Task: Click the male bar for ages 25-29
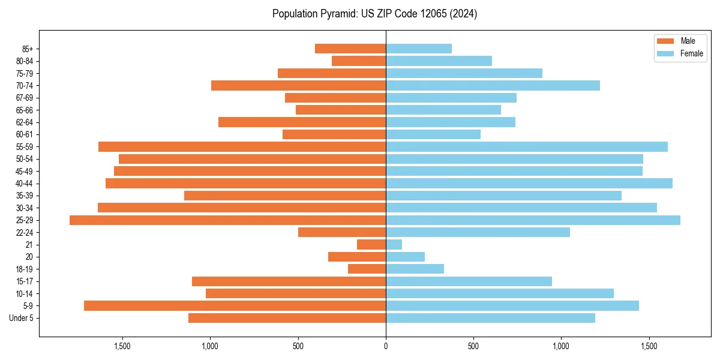click(228, 220)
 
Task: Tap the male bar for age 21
click(371, 245)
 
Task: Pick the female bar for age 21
click(394, 245)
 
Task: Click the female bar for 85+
click(419, 49)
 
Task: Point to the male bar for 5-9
click(235, 306)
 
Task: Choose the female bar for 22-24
click(478, 232)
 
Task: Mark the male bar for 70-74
click(299, 86)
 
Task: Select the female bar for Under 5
click(490, 318)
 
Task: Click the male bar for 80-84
click(359, 61)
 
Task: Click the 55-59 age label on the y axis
click(25, 147)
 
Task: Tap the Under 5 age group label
click(22, 318)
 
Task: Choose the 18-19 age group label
click(25, 269)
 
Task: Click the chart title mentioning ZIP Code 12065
click(374, 14)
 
